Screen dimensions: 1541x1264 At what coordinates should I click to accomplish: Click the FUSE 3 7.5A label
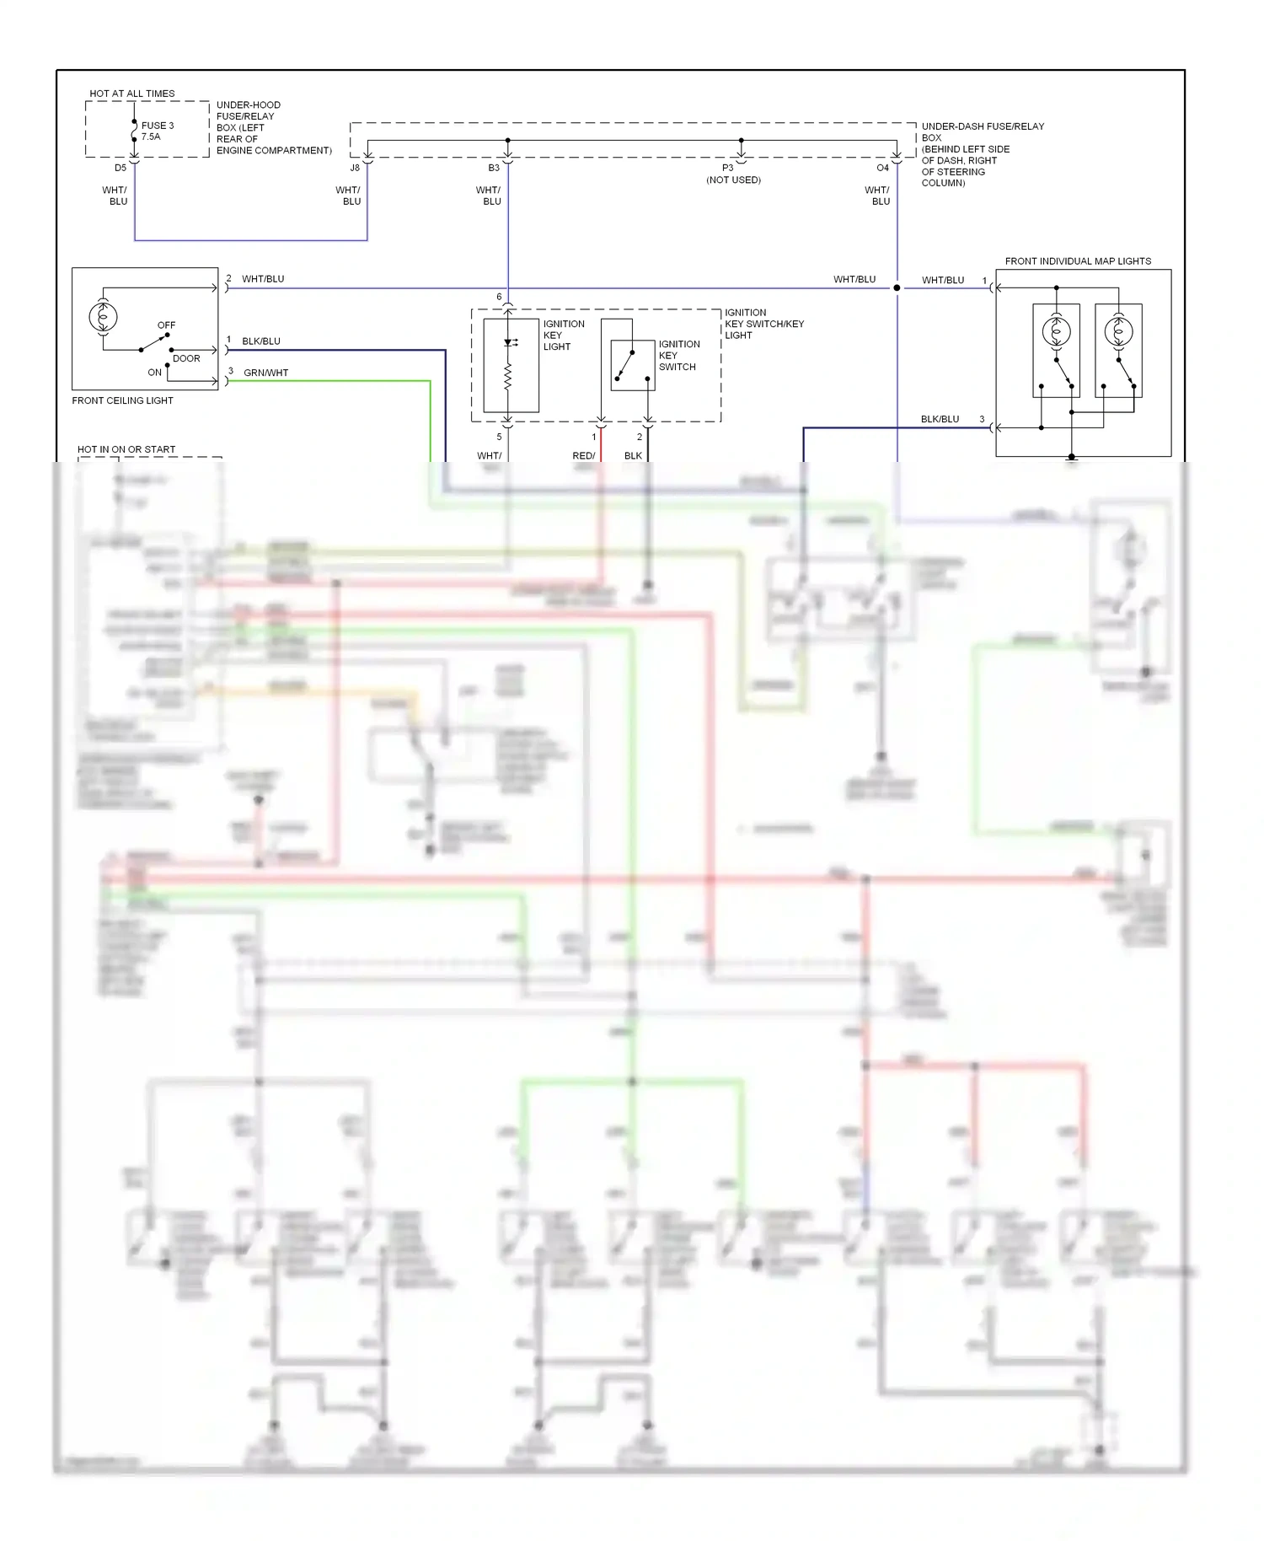point(157,131)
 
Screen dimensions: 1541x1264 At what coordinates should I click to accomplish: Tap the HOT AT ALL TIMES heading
point(132,94)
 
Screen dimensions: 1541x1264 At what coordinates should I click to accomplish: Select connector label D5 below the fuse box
point(121,168)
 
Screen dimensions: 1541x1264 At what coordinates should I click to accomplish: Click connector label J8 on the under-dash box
point(355,168)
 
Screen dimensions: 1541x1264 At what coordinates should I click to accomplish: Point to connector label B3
point(494,168)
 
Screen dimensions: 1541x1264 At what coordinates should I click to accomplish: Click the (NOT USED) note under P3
point(733,180)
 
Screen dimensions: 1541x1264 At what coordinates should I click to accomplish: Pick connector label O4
point(882,168)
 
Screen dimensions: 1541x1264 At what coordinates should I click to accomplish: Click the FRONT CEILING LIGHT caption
point(122,400)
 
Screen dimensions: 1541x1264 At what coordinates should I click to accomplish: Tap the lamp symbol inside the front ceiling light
point(103,317)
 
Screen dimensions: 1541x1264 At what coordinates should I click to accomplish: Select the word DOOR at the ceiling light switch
point(186,358)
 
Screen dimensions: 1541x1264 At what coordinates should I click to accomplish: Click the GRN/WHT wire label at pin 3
point(265,373)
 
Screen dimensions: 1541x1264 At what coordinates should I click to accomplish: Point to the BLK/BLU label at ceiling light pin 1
point(260,341)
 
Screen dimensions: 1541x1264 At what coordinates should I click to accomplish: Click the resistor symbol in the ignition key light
point(508,378)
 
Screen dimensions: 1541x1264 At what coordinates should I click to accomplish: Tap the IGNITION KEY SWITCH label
point(678,355)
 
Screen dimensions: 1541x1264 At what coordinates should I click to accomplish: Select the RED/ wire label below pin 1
point(583,455)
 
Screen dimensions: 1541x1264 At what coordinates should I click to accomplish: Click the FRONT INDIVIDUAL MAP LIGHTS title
point(1077,261)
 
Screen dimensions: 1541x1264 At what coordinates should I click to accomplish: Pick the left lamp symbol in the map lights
point(1056,331)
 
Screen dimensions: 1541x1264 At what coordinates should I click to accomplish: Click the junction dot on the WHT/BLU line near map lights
point(897,288)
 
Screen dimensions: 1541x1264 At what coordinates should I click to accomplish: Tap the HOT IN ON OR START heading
point(126,449)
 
